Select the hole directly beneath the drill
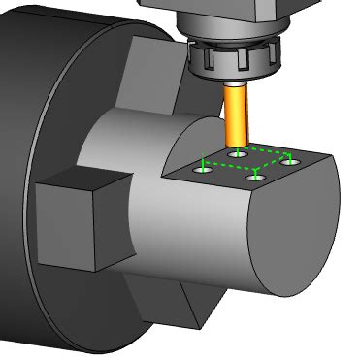pyautogui.click(x=236, y=153)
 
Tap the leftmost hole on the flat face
pyautogui.click(x=202, y=170)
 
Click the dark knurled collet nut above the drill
pyautogui.click(x=236, y=64)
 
